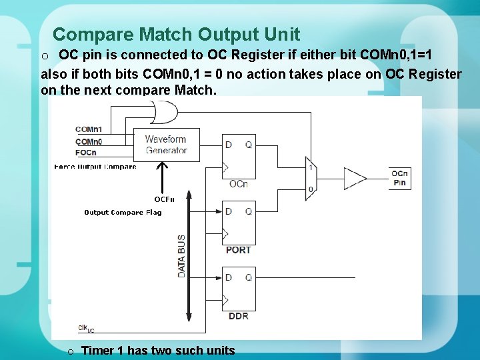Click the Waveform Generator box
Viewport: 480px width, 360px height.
(x=166, y=145)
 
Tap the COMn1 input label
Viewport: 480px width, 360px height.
(x=89, y=129)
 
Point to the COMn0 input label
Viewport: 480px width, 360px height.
(x=89, y=141)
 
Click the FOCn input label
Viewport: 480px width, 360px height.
(x=86, y=152)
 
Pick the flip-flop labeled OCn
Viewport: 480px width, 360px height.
(x=239, y=156)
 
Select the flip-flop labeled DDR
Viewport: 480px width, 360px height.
(x=239, y=289)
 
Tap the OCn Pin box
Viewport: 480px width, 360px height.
(x=399, y=178)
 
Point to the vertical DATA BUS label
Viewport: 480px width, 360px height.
(x=181, y=256)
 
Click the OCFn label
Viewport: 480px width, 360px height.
(x=164, y=199)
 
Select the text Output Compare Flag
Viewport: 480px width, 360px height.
(x=123, y=213)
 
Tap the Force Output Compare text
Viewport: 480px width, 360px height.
(x=95, y=167)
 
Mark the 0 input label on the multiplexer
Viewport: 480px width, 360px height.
(x=311, y=189)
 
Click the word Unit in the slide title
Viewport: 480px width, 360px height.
(x=279, y=34)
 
